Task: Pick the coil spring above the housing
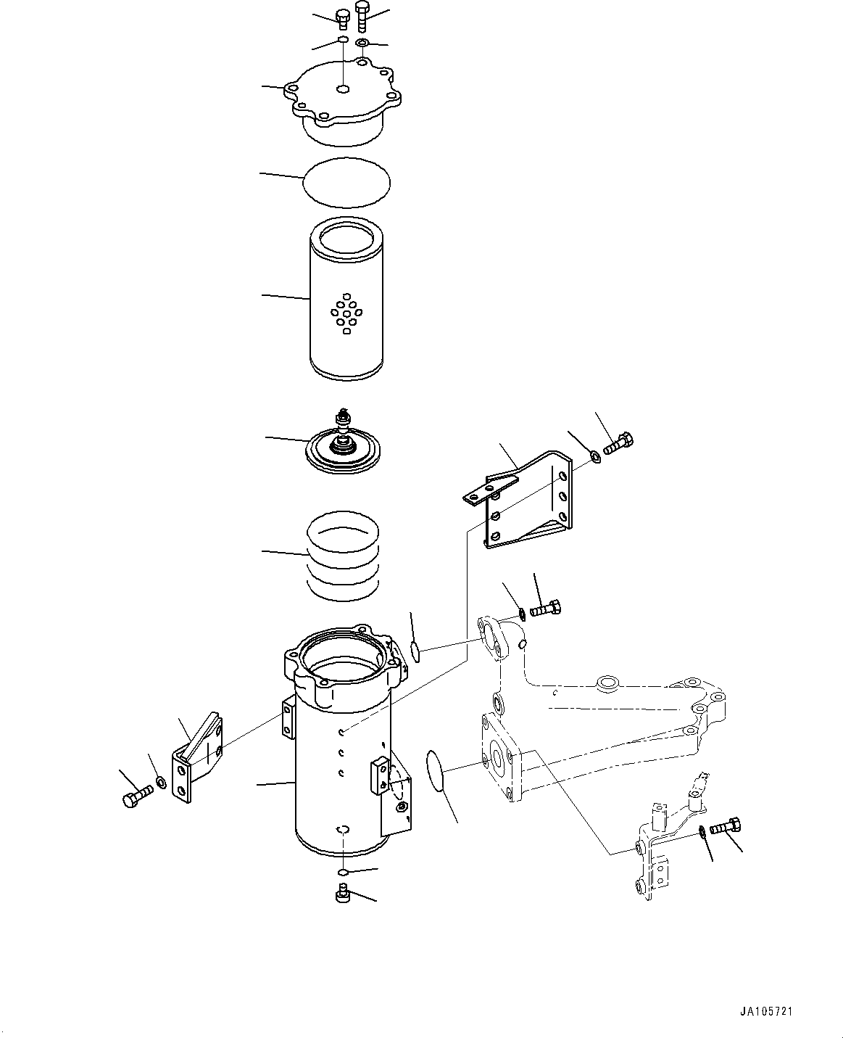point(344,554)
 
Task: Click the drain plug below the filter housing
point(344,897)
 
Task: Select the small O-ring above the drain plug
point(343,872)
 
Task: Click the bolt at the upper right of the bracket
point(617,444)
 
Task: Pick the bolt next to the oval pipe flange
point(545,609)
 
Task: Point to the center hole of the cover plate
point(344,89)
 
